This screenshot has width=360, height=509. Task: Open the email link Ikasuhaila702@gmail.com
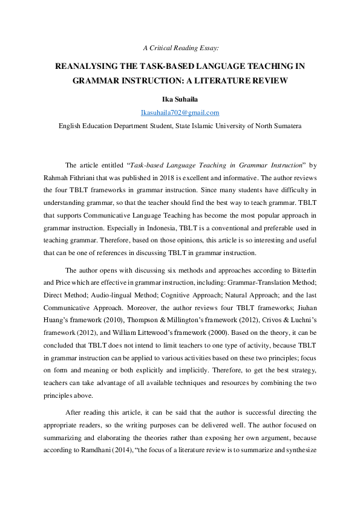[x=180, y=112]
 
